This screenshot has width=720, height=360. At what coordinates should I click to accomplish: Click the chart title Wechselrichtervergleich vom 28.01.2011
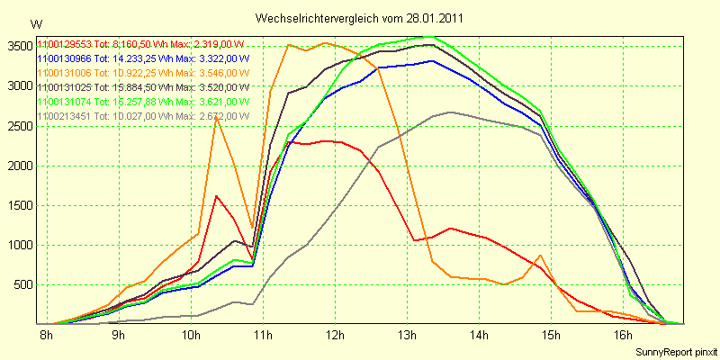click(x=359, y=18)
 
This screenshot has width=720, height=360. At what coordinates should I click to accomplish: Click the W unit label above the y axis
click(x=35, y=24)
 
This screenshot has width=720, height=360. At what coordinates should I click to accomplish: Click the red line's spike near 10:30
click(x=217, y=195)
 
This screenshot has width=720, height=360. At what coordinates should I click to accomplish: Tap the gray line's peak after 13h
click(x=450, y=112)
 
